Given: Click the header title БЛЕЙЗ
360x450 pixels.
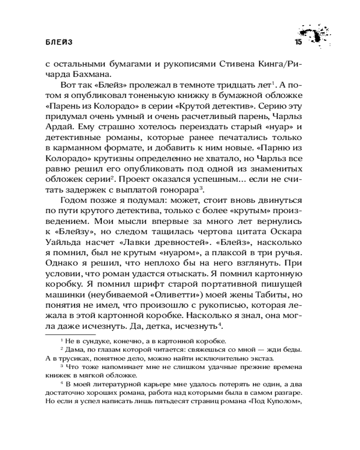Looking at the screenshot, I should pyautogui.click(x=59, y=42).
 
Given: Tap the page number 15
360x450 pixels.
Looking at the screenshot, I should pyautogui.click(x=298, y=42).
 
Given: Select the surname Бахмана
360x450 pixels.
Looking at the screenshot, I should pyautogui.click(x=90, y=75).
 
